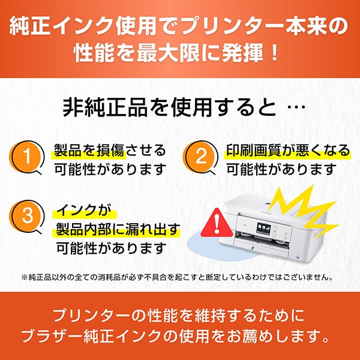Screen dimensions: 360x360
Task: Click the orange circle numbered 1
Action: [x=26, y=157]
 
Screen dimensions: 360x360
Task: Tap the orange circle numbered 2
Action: [x=200, y=157]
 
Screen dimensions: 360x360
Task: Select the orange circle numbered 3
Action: [x=26, y=216]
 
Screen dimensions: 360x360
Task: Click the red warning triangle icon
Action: [x=217, y=224]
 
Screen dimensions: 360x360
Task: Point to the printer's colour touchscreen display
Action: [x=263, y=229]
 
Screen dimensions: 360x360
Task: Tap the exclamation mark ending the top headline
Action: [x=274, y=53]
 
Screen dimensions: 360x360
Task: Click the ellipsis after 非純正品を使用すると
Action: [x=296, y=107]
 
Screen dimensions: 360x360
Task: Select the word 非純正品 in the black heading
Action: [x=105, y=107]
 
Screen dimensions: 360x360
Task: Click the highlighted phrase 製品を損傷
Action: [x=89, y=151]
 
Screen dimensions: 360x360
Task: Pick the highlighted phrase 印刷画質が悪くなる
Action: [x=288, y=151]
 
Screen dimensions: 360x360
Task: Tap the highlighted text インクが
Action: [x=84, y=211]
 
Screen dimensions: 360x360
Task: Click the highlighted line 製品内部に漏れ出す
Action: [x=118, y=229]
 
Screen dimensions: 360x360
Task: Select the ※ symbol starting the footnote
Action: [x=25, y=277]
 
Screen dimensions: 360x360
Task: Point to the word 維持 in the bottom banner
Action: [x=212, y=315]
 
